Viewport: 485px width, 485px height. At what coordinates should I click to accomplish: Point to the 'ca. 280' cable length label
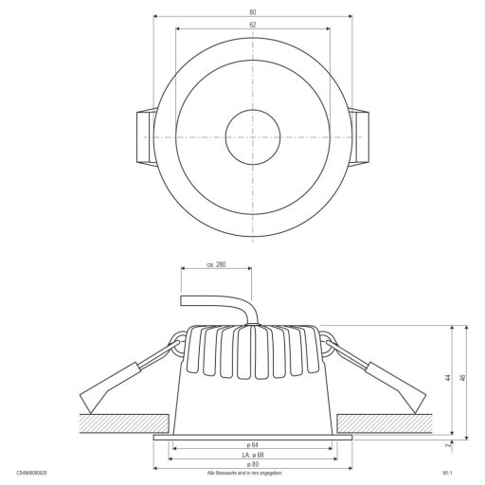tap(217, 266)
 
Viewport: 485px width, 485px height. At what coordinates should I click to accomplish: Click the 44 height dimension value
tap(447, 376)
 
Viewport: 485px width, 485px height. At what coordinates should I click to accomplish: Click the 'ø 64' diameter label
tap(253, 444)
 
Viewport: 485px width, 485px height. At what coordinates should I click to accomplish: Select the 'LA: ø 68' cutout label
tap(251, 454)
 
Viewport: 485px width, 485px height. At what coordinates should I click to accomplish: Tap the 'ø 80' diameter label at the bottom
tap(253, 464)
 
